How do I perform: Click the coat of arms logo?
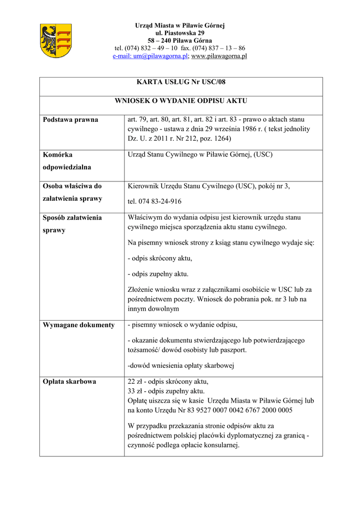coord(55,41)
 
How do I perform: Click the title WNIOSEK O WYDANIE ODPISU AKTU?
coord(181,101)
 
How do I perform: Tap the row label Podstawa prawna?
coord(71,120)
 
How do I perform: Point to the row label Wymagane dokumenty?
coord(79,325)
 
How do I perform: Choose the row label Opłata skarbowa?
coord(70,382)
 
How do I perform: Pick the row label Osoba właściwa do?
coord(72,186)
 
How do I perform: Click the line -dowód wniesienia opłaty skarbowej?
coord(180,366)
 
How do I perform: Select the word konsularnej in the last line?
coord(222,445)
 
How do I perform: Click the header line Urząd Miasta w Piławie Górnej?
coord(180,25)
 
